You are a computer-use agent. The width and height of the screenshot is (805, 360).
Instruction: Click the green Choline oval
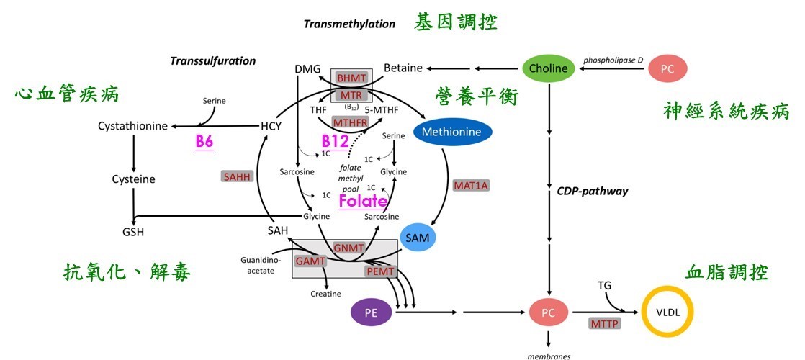tap(549, 69)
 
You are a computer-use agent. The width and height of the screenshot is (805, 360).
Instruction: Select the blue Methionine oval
tap(452, 132)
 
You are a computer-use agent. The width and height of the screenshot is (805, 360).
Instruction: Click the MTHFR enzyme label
tap(350, 122)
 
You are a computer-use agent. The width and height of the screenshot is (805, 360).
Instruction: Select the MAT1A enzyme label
tap(470, 186)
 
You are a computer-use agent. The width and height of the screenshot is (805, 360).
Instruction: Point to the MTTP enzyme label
tap(605, 324)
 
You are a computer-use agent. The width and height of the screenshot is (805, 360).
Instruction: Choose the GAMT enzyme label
tap(310, 261)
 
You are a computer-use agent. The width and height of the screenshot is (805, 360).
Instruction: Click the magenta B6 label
tap(204, 141)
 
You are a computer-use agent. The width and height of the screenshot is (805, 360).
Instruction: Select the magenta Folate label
tap(363, 202)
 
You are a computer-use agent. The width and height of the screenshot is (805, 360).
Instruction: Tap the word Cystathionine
tap(132, 127)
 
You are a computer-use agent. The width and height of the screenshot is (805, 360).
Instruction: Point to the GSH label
tap(132, 232)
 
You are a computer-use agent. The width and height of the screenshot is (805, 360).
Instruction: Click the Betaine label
tap(402, 68)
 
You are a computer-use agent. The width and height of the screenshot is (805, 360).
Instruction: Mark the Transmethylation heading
tap(349, 24)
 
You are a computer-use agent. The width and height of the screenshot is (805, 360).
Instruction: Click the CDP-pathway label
tap(583, 192)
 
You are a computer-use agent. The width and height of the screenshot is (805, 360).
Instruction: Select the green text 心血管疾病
tap(67, 94)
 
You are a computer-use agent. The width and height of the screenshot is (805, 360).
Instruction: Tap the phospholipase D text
tap(613, 60)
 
